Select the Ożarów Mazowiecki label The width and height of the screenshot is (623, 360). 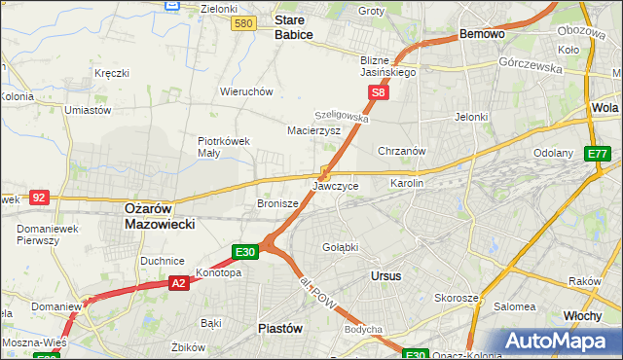point(161,215)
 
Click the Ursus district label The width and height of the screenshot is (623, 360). point(385,276)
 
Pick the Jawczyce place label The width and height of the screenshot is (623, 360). point(336,185)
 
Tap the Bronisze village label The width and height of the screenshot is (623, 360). point(276,203)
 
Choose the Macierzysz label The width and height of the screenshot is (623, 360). point(313,129)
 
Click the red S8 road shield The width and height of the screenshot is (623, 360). point(379,93)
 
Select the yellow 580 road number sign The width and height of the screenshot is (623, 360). point(244,23)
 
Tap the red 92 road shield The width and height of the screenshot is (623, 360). point(39,197)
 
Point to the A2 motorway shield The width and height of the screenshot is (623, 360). point(177,283)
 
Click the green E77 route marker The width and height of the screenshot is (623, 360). point(597,154)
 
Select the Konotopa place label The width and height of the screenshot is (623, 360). point(218,272)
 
